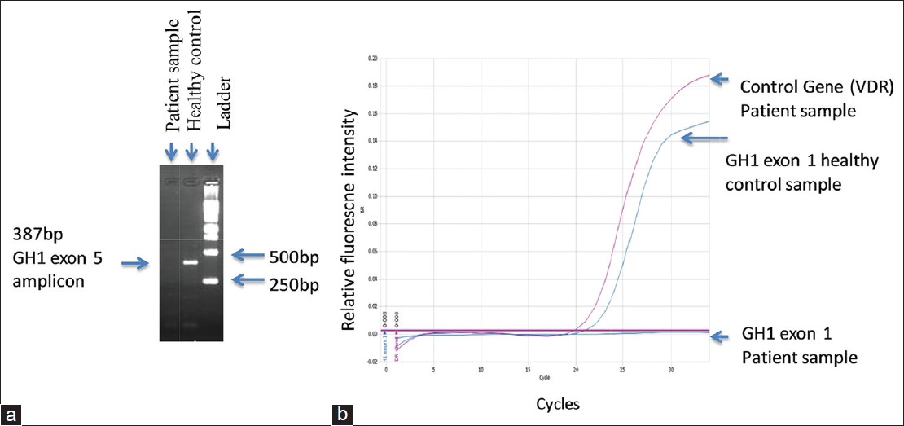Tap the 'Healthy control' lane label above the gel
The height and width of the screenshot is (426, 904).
point(194,70)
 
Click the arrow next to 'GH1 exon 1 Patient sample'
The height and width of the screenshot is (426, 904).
point(722,335)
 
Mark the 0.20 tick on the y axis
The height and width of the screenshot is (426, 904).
point(372,59)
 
